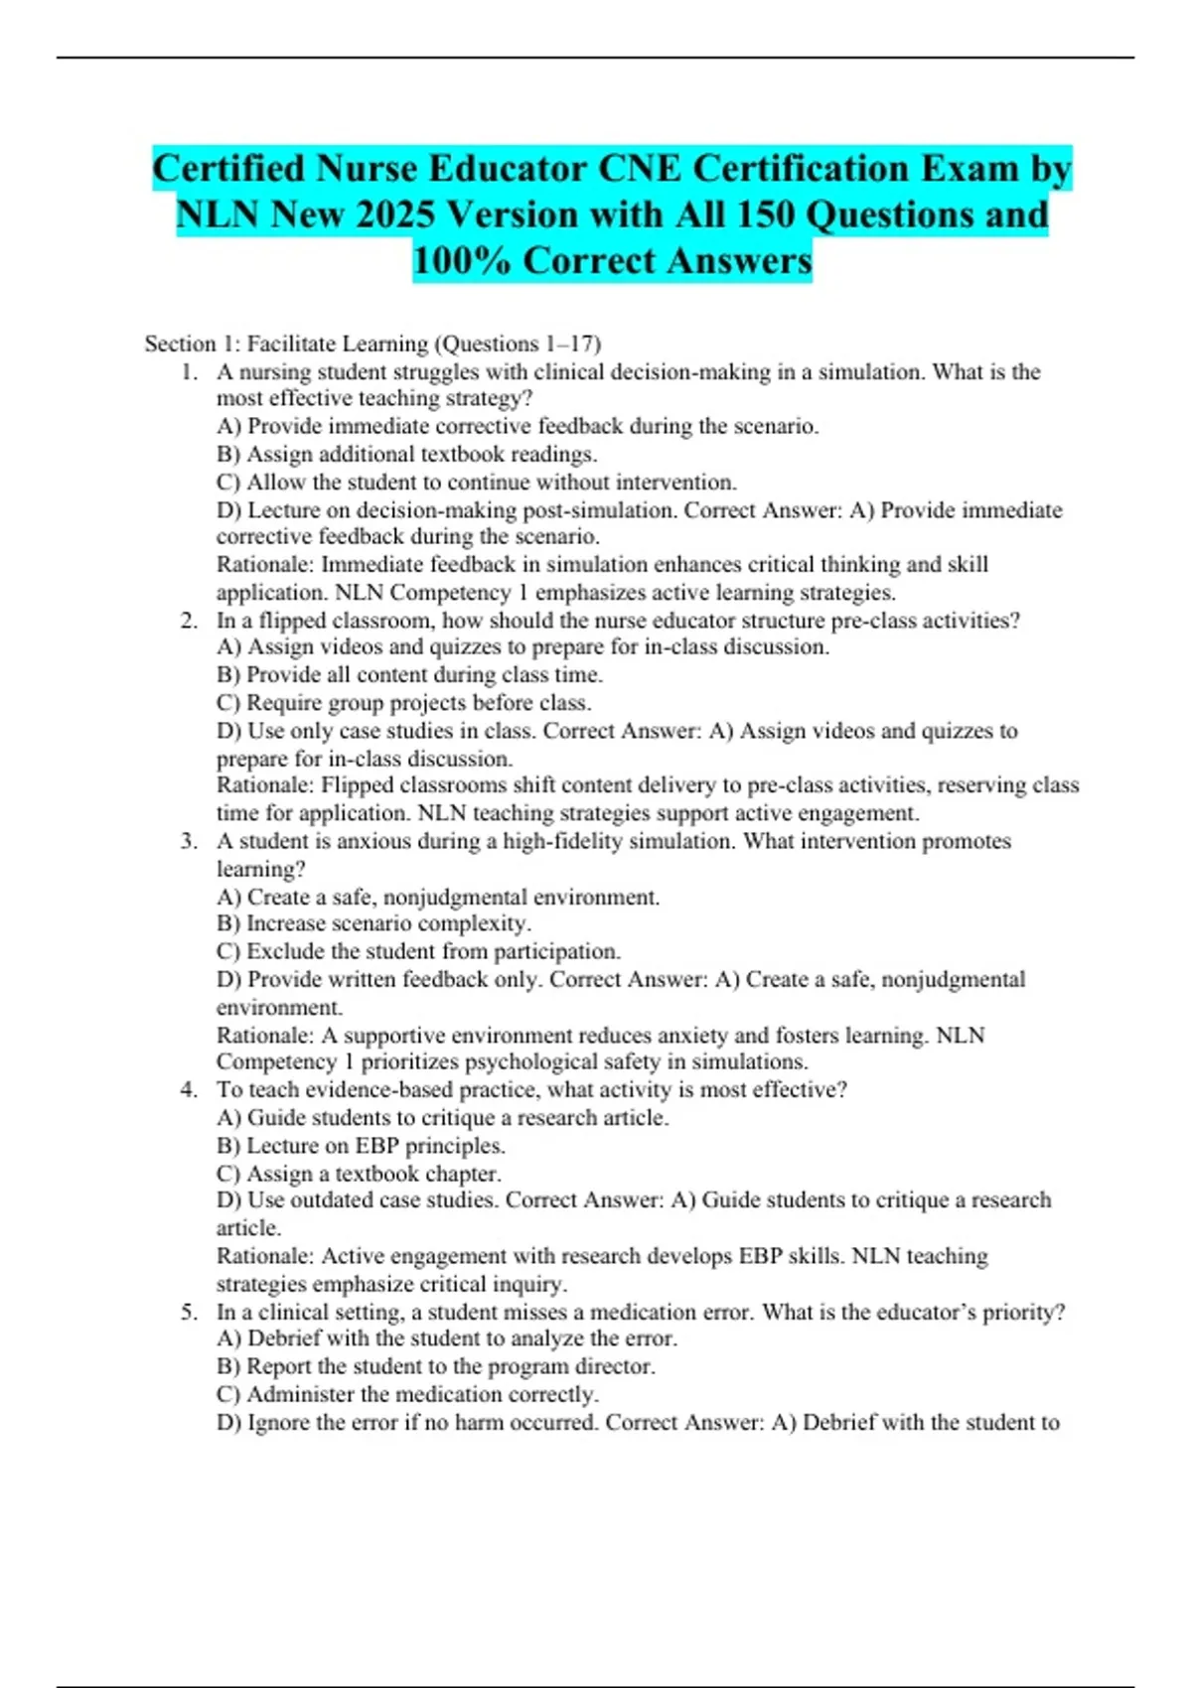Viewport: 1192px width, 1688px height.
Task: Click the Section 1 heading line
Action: point(372,344)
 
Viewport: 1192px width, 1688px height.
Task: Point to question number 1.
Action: point(189,372)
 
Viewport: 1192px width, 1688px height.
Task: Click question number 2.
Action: point(189,621)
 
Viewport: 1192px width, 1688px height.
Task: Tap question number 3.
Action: point(189,841)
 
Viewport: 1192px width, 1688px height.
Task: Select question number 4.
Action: point(189,1089)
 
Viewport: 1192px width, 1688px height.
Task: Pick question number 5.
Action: point(189,1312)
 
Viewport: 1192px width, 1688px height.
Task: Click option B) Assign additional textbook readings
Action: point(406,455)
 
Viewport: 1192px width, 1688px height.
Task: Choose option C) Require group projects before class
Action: point(403,703)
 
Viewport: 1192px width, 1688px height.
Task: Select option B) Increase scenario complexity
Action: point(373,923)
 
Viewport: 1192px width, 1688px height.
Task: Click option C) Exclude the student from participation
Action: point(418,951)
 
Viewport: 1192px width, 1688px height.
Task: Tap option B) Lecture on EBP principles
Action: point(361,1146)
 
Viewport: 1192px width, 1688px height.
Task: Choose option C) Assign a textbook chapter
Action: point(358,1174)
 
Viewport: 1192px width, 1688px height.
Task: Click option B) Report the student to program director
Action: point(435,1366)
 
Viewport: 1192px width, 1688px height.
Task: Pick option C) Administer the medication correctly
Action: point(407,1394)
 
